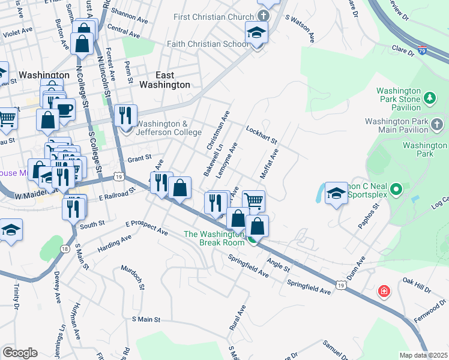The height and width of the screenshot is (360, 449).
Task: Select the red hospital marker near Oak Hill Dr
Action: pyautogui.click(x=383, y=292)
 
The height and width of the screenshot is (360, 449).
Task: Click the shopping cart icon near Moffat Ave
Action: pyautogui.click(x=255, y=200)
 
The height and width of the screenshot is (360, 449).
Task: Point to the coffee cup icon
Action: pyautogui.click(x=64, y=109)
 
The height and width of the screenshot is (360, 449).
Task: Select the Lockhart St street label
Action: pyautogui.click(x=261, y=135)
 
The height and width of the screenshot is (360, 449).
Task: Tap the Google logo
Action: pyautogui.click(x=20, y=352)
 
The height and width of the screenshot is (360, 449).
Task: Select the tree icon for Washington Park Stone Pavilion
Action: pyautogui.click(x=429, y=97)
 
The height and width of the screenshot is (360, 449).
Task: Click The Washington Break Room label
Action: pyautogui.click(x=214, y=239)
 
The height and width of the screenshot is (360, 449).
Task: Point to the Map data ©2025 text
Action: pyautogui.click(x=423, y=355)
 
